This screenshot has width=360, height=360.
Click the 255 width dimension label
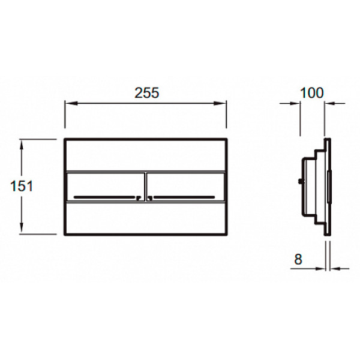[x=147, y=93]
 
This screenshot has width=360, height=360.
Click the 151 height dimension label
[x=22, y=186]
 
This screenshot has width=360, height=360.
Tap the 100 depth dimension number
[x=312, y=93]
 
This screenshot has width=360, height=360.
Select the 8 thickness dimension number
[x=298, y=259]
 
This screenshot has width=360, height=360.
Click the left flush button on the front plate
[x=106, y=187]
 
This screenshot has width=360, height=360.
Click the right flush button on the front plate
[x=185, y=187]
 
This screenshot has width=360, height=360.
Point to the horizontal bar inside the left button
[x=104, y=197]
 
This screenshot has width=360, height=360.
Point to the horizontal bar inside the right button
[x=184, y=197]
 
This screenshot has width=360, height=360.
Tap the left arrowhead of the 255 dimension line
[x=71, y=103]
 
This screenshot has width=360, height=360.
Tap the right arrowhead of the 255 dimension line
[x=220, y=103]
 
